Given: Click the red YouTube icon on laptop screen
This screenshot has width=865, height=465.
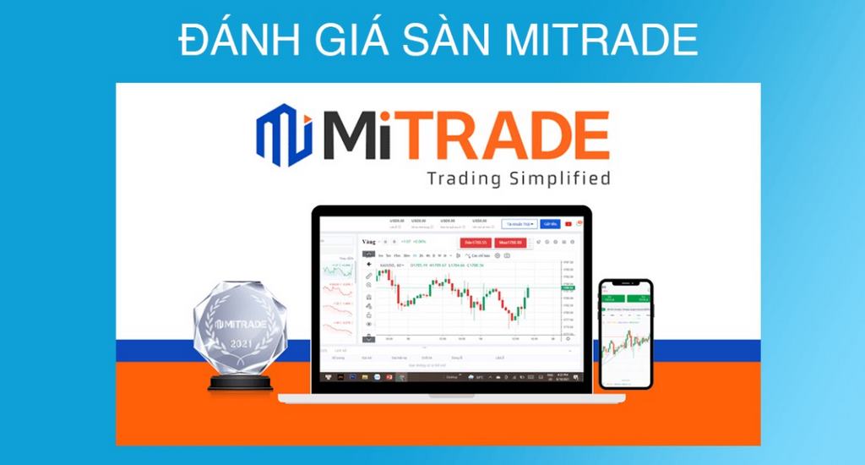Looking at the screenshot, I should point(569,224).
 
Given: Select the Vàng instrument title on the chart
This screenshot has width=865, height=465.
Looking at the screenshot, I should point(368,243).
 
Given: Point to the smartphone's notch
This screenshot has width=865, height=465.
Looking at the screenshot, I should point(626,282).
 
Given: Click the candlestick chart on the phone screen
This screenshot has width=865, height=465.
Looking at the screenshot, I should point(626,342).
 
